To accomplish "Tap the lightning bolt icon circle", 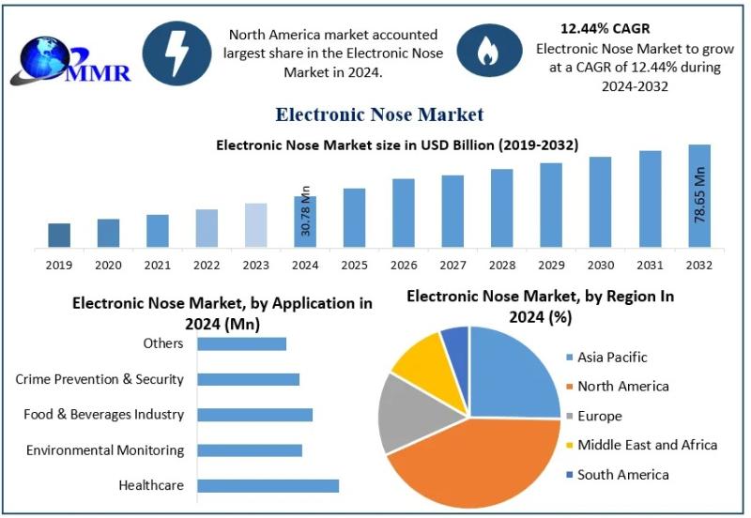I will click(176, 53).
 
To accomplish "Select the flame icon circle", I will click(487, 53).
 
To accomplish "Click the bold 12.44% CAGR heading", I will click(605, 28).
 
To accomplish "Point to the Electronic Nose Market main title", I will click(379, 114).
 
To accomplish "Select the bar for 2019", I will click(59, 236).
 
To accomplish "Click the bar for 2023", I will click(256, 226).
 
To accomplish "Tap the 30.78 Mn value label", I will click(304, 210).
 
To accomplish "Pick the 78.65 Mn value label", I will click(699, 194).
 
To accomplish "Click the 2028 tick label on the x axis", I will click(501, 266).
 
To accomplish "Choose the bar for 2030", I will click(600, 203).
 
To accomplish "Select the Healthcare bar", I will click(268, 486).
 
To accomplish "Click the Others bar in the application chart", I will click(241, 343).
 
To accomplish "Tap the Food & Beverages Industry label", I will click(104, 414).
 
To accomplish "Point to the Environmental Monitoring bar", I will click(250, 450).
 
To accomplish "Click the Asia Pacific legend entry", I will click(611, 357).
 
